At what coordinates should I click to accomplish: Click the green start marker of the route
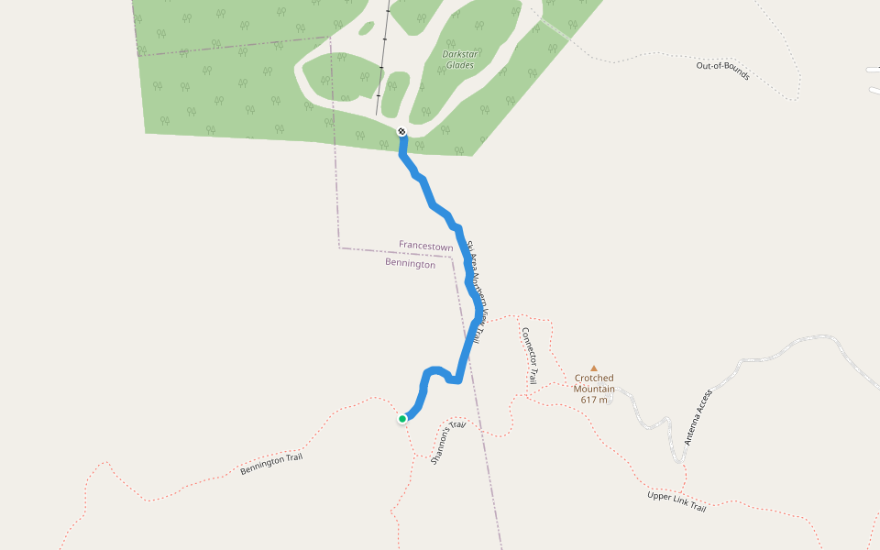(x=402, y=419)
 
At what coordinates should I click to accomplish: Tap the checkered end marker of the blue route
(x=401, y=132)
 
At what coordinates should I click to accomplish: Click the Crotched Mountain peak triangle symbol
(x=593, y=368)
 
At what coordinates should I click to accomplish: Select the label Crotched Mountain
(x=594, y=383)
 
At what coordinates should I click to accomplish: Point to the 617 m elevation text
(x=594, y=400)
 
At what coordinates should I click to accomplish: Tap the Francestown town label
(x=425, y=247)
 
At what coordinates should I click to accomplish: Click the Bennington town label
(x=410, y=264)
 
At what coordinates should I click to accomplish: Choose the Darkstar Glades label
(x=459, y=60)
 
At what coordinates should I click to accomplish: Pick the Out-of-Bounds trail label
(x=723, y=71)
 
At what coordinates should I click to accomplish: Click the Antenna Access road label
(x=698, y=417)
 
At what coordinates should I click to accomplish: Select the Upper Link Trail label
(x=676, y=501)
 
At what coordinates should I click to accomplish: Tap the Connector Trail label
(x=529, y=357)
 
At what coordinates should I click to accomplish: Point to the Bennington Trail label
(x=270, y=465)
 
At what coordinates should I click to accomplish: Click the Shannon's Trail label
(x=448, y=443)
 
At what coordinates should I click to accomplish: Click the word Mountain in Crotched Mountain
(x=594, y=389)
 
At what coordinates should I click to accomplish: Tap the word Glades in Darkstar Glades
(x=459, y=65)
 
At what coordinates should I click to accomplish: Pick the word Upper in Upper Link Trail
(x=659, y=497)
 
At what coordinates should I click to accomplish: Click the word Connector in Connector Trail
(x=527, y=348)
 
